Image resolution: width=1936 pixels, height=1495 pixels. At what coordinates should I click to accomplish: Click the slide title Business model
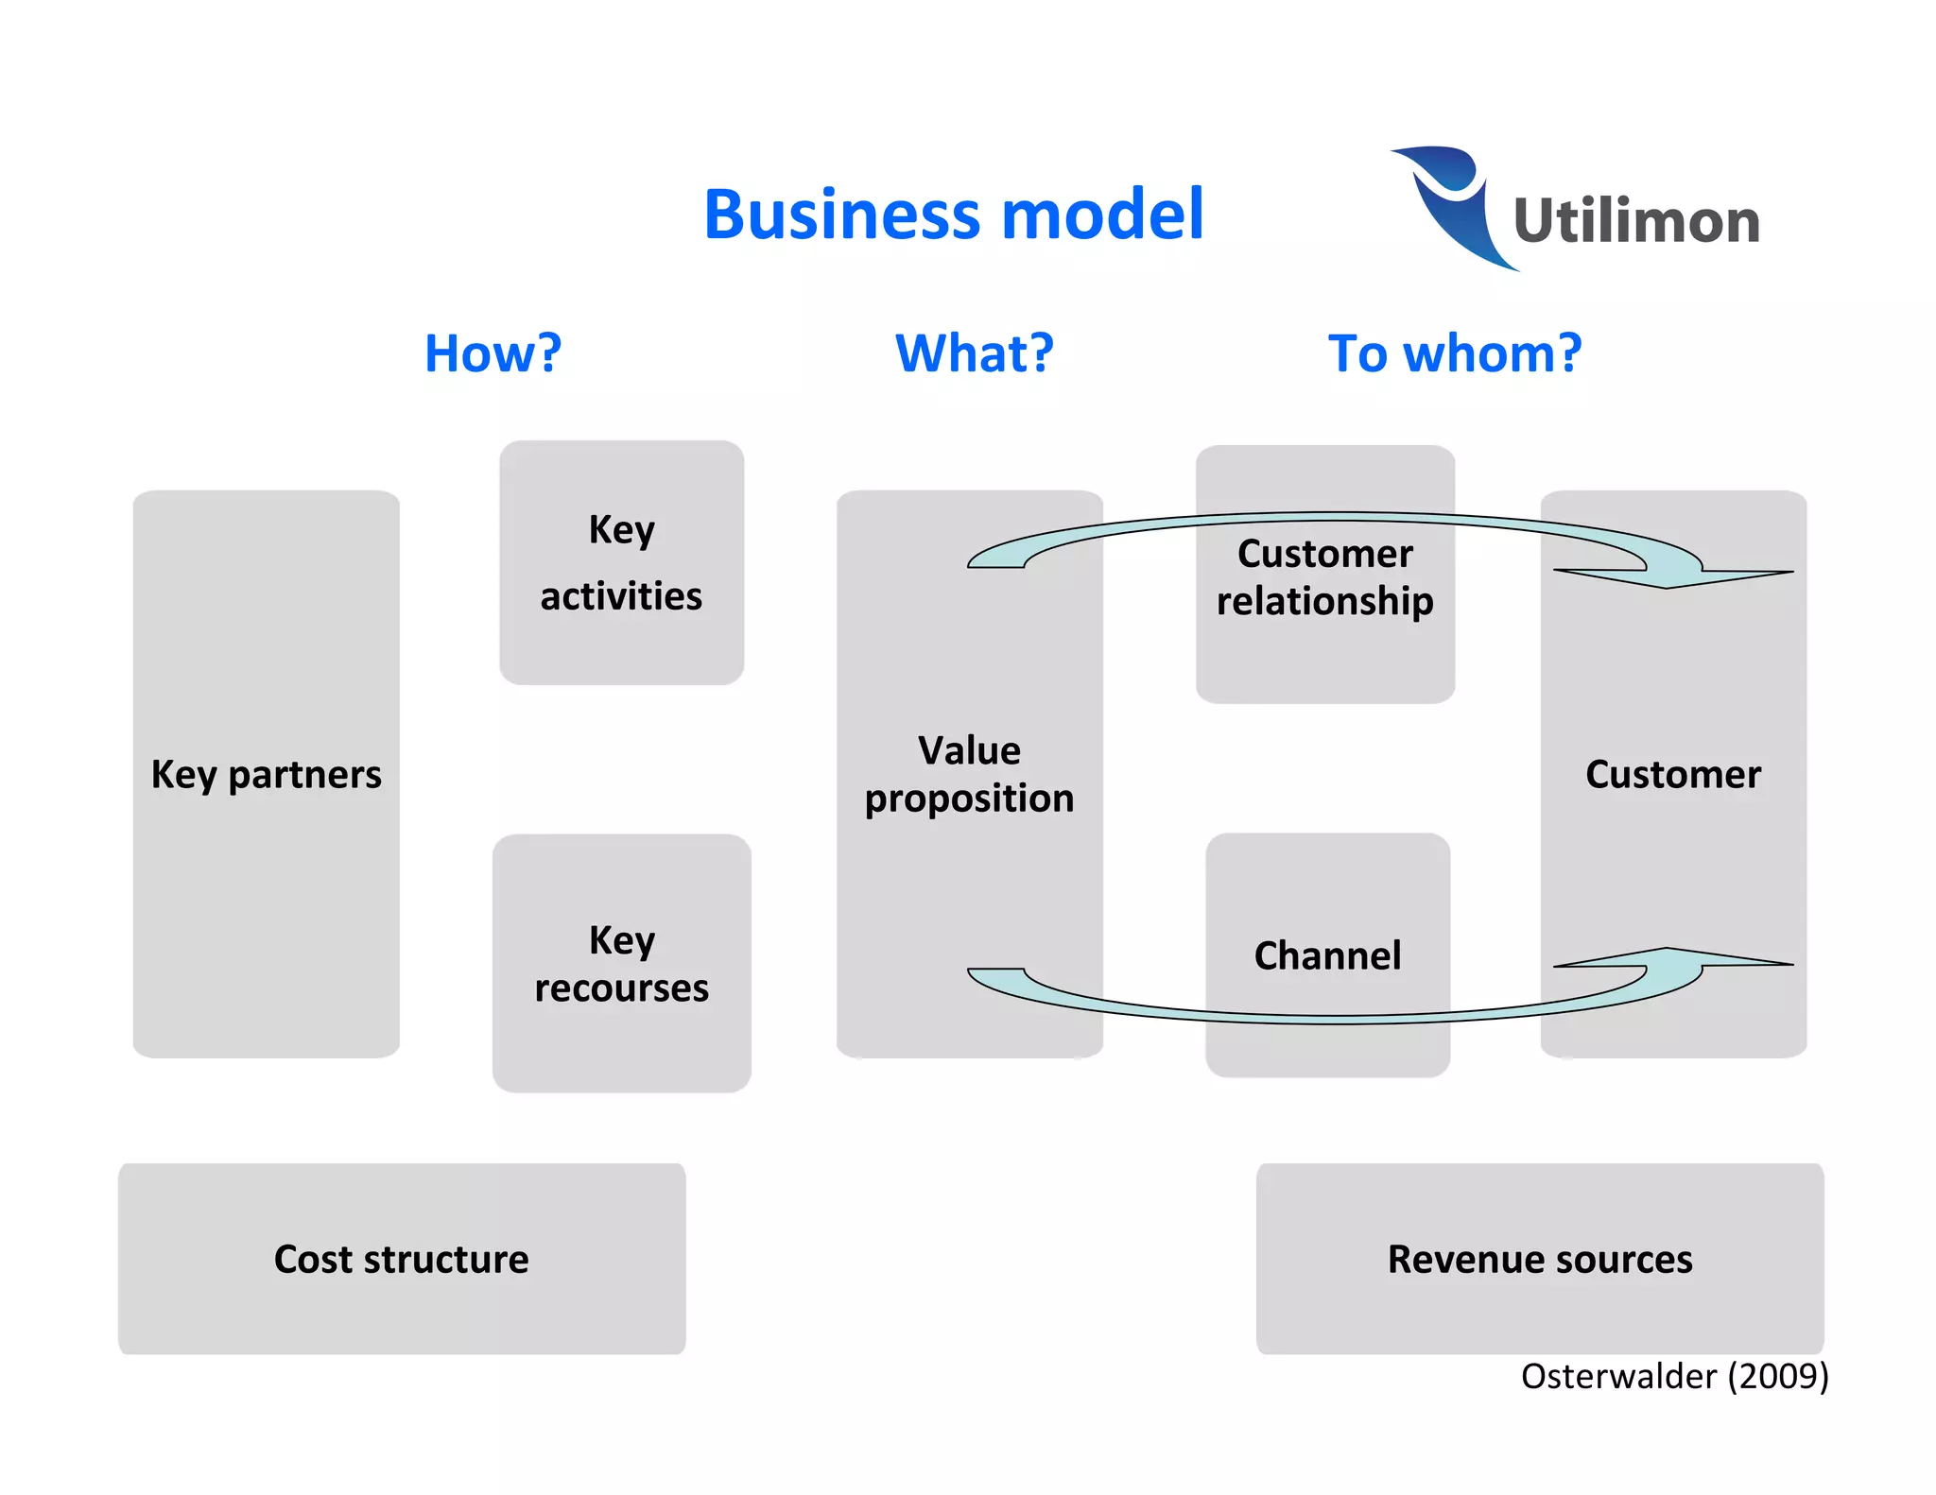pyautogui.click(x=954, y=215)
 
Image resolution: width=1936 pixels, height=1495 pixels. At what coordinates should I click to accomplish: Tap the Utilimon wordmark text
pyautogui.click(x=1636, y=221)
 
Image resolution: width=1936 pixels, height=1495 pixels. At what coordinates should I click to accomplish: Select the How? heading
pyautogui.click(x=493, y=353)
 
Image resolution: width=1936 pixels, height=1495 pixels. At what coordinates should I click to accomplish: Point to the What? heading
pyautogui.click(x=974, y=353)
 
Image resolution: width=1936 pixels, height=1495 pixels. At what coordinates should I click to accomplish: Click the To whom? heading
pyautogui.click(x=1454, y=353)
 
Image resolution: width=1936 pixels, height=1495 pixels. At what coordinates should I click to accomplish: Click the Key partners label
pyautogui.click(x=266, y=775)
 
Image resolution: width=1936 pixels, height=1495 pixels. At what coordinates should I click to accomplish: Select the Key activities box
pyautogui.click(x=621, y=562)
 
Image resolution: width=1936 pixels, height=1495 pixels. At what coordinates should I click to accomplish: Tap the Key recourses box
pyautogui.click(x=621, y=963)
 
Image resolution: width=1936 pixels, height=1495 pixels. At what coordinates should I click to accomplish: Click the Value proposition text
pyautogui.click(x=969, y=774)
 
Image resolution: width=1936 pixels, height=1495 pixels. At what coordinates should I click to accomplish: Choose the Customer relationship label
pyautogui.click(x=1324, y=576)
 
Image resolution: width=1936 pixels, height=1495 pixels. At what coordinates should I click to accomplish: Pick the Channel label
pyautogui.click(x=1327, y=955)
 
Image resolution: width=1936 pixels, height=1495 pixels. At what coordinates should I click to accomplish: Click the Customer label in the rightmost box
pyautogui.click(x=1672, y=775)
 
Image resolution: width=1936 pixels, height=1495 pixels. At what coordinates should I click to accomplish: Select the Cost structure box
pyautogui.click(x=402, y=1259)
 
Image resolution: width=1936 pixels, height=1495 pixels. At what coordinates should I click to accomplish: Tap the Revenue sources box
pyautogui.click(x=1539, y=1259)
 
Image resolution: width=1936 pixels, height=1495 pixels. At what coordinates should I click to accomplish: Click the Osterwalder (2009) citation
pyautogui.click(x=1674, y=1376)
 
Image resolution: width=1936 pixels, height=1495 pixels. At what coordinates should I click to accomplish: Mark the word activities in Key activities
pyautogui.click(x=621, y=596)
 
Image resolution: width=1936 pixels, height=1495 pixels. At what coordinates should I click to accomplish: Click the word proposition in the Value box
pyautogui.click(x=969, y=799)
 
